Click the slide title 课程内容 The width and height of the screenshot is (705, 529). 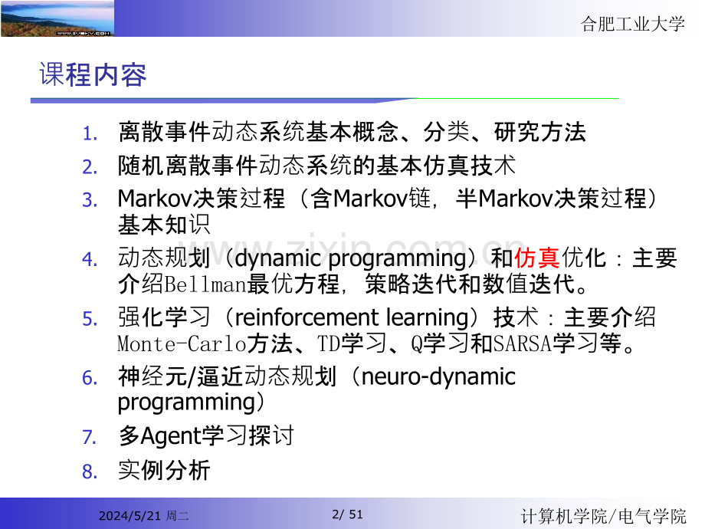(x=93, y=75)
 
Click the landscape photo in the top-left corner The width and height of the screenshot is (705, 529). (x=57, y=18)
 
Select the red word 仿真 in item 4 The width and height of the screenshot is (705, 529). (x=536, y=258)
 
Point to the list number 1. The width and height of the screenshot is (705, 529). (x=90, y=133)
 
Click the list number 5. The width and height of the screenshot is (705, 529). (x=90, y=319)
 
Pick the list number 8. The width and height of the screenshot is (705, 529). (x=90, y=472)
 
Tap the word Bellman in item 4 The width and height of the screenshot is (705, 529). (x=205, y=285)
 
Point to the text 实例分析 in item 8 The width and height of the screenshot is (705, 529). (x=163, y=470)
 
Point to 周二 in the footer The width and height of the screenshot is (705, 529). (x=178, y=517)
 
